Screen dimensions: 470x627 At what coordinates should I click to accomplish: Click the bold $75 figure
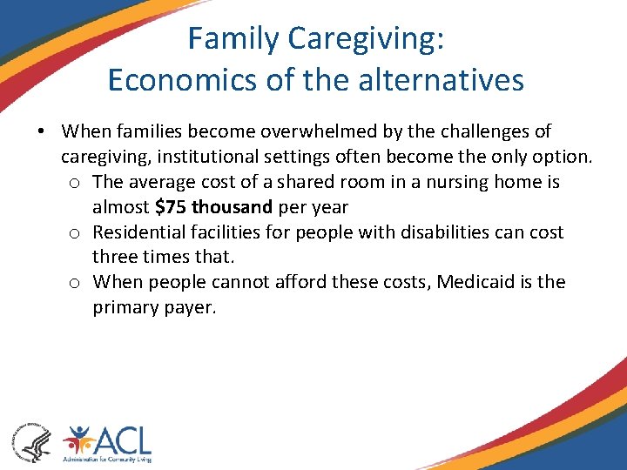tap(171, 207)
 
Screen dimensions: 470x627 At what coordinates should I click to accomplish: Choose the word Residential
tap(139, 232)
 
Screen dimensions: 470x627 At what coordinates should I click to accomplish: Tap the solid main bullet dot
tap(41, 132)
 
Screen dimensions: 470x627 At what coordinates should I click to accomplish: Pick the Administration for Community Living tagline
tap(107, 459)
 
